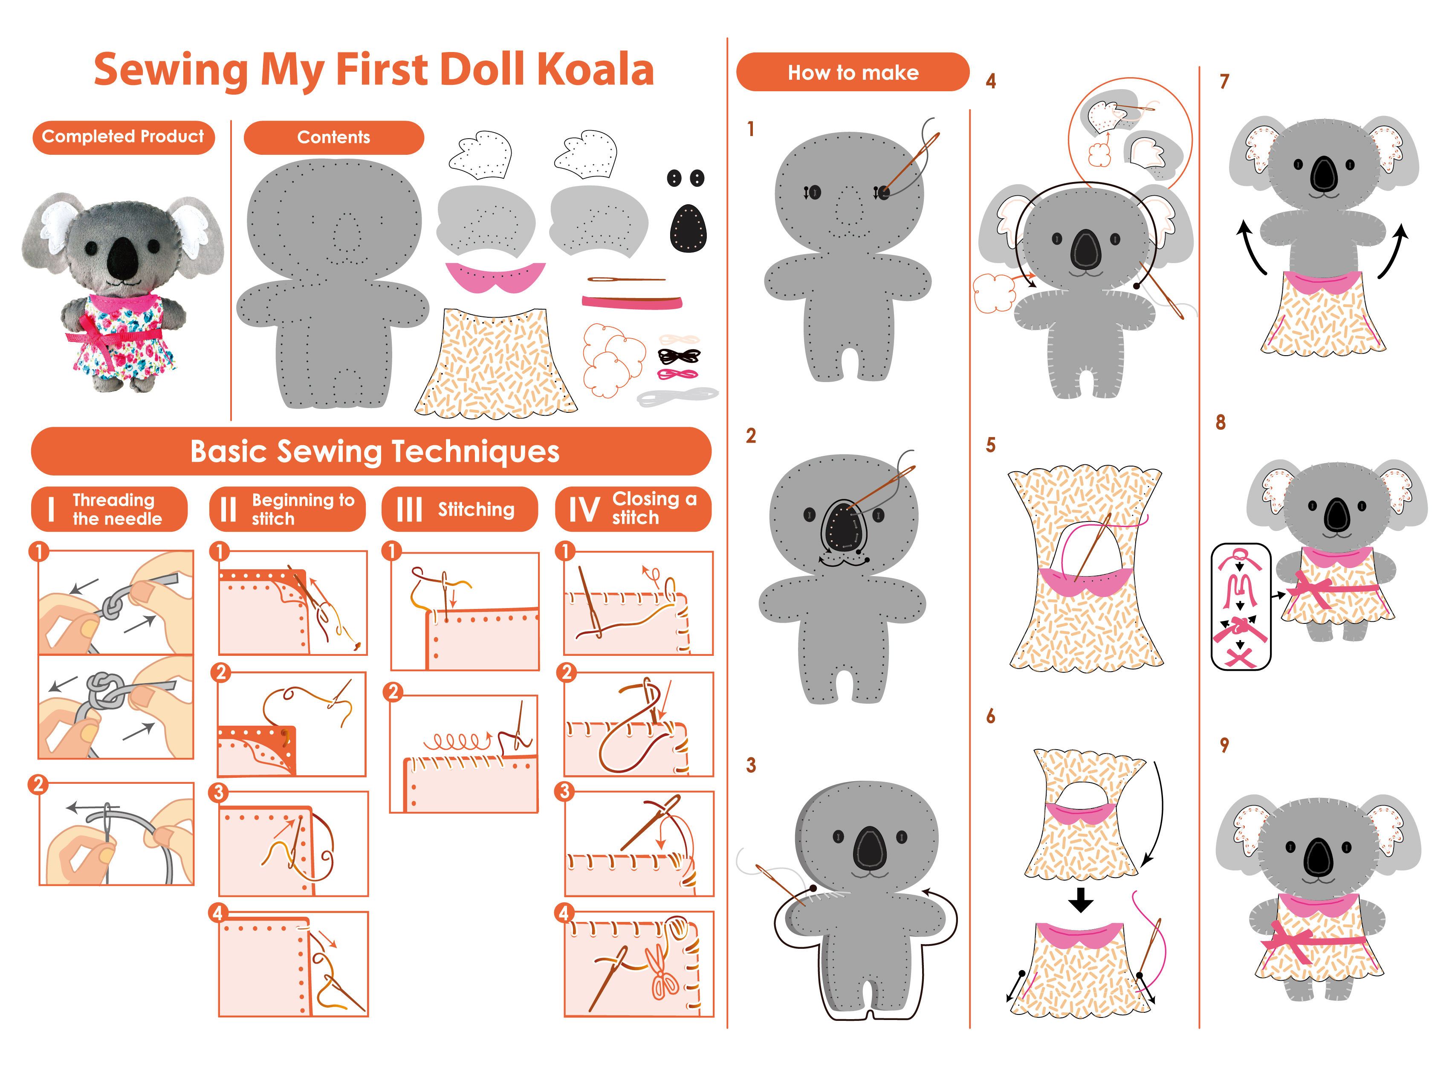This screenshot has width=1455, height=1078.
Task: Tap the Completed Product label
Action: coord(123,137)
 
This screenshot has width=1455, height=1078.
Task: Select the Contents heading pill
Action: coord(333,137)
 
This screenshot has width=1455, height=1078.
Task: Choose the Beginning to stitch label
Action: coord(288,509)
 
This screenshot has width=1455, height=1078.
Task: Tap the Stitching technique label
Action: coord(460,509)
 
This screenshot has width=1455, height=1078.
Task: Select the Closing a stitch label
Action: coord(633,509)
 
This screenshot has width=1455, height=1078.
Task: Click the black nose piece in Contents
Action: coord(688,228)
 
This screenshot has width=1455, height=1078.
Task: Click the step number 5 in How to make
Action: coord(991,445)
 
